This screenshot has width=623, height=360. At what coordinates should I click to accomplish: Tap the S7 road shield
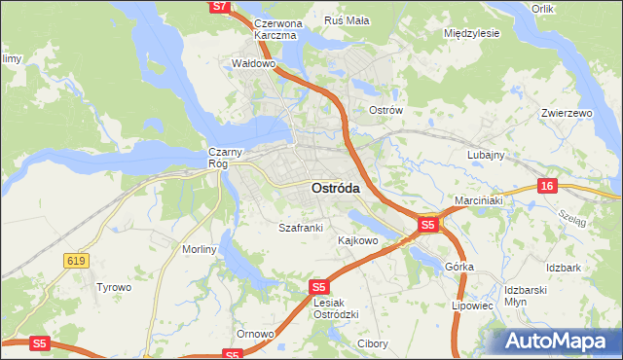(x=220, y=6)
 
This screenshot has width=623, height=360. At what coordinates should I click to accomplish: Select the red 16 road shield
(x=548, y=186)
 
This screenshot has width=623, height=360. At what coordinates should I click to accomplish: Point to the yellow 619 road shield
(x=76, y=260)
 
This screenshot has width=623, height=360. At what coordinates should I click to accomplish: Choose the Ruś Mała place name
(x=346, y=20)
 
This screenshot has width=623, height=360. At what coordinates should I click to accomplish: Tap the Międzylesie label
(x=471, y=32)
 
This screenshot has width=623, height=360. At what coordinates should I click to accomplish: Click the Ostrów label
(x=385, y=110)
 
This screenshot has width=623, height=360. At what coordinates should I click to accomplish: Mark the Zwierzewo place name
(x=567, y=113)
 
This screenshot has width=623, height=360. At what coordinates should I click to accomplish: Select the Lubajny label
(x=485, y=155)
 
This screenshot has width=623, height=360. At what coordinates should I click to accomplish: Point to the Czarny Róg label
(x=218, y=158)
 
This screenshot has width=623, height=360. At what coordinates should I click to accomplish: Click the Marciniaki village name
(x=477, y=201)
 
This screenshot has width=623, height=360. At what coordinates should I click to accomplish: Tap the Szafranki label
(x=300, y=228)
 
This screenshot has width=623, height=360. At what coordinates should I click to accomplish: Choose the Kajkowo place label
(x=357, y=239)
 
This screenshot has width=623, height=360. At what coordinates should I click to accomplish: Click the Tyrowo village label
(x=113, y=287)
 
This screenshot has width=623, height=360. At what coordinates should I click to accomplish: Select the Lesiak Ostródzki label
(x=337, y=307)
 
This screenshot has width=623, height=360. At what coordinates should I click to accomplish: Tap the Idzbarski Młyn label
(x=530, y=296)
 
